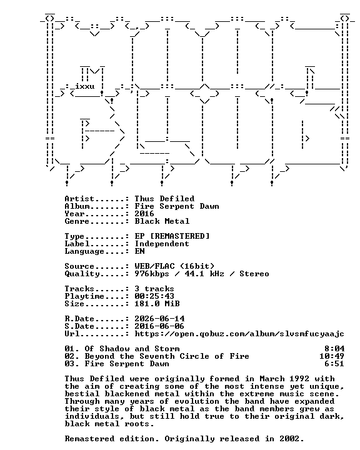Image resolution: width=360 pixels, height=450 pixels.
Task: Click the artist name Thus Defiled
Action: (x=164, y=199)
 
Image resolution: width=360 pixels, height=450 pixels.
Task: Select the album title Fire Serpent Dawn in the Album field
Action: (x=177, y=206)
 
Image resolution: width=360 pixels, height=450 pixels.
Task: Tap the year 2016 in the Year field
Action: (x=144, y=214)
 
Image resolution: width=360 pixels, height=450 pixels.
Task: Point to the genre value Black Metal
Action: (x=162, y=221)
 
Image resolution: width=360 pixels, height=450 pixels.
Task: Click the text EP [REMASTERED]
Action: (x=172, y=236)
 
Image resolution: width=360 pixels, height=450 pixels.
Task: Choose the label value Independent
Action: (x=162, y=244)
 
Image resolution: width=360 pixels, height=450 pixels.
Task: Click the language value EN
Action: (x=139, y=251)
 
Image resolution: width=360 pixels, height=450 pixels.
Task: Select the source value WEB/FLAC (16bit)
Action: (x=174, y=266)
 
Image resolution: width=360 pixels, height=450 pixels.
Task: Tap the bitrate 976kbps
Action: (x=152, y=274)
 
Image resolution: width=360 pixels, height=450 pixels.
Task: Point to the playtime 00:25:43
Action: (x=154, y=296)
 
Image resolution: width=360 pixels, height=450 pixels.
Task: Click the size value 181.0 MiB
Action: (x=157, y=304)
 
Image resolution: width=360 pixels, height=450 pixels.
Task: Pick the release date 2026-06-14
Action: (x=159, y=319)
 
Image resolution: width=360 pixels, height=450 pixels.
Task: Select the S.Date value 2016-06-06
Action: (x=159, y=326)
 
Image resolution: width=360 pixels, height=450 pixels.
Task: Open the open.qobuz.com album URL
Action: (x=239, y=334)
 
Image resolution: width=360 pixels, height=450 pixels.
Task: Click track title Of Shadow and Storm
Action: (x=132, y=349)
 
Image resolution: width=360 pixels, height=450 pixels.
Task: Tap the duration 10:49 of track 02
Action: (x=332, y=356)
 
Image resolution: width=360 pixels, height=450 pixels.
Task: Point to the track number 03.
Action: (x=71, y=364)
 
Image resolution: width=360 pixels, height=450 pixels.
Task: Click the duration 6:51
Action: (x=334, y=364)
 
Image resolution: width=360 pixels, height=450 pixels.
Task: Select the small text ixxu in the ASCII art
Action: (x=85, y=86)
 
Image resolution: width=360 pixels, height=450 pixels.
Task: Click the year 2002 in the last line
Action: (x=291, y=439)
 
